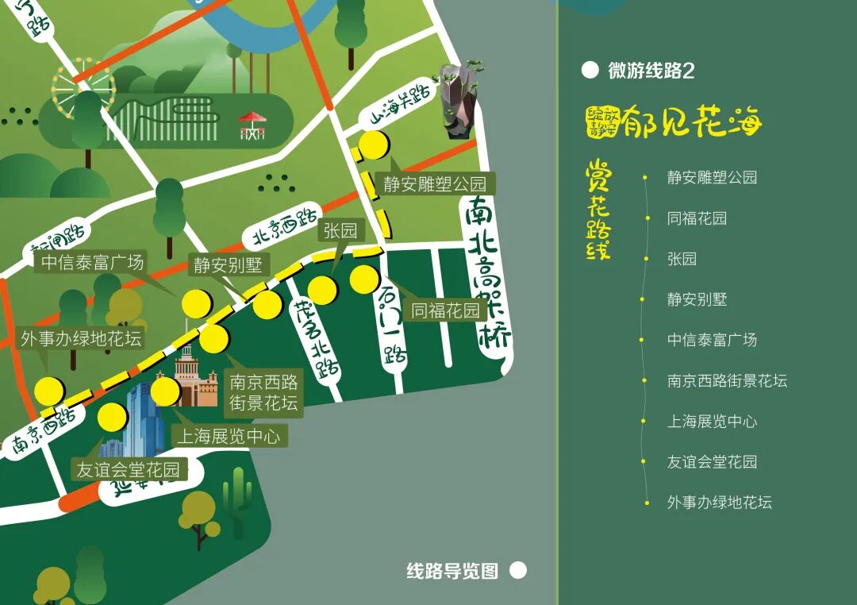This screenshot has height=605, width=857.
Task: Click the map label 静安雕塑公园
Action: [x=434, y=184]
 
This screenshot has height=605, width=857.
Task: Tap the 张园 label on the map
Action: [x=340, y=231]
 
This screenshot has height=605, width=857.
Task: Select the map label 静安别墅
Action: [x=227, y=264]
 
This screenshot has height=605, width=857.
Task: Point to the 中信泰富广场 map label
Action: [x=93, y=262]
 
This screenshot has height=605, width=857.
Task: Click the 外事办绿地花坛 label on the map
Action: [x=81, y=339]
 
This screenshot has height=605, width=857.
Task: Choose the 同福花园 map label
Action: [x=445, y=310]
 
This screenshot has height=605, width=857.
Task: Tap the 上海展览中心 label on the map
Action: [x=227, y=436]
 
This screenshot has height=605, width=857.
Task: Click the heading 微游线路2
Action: [x=651, y=71]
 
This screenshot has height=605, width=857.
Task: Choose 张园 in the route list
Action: [x=682, y=259]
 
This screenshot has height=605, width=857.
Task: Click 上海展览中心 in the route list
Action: [x=712, y=421]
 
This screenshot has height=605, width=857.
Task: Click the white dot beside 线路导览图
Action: [x=517, y=570]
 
